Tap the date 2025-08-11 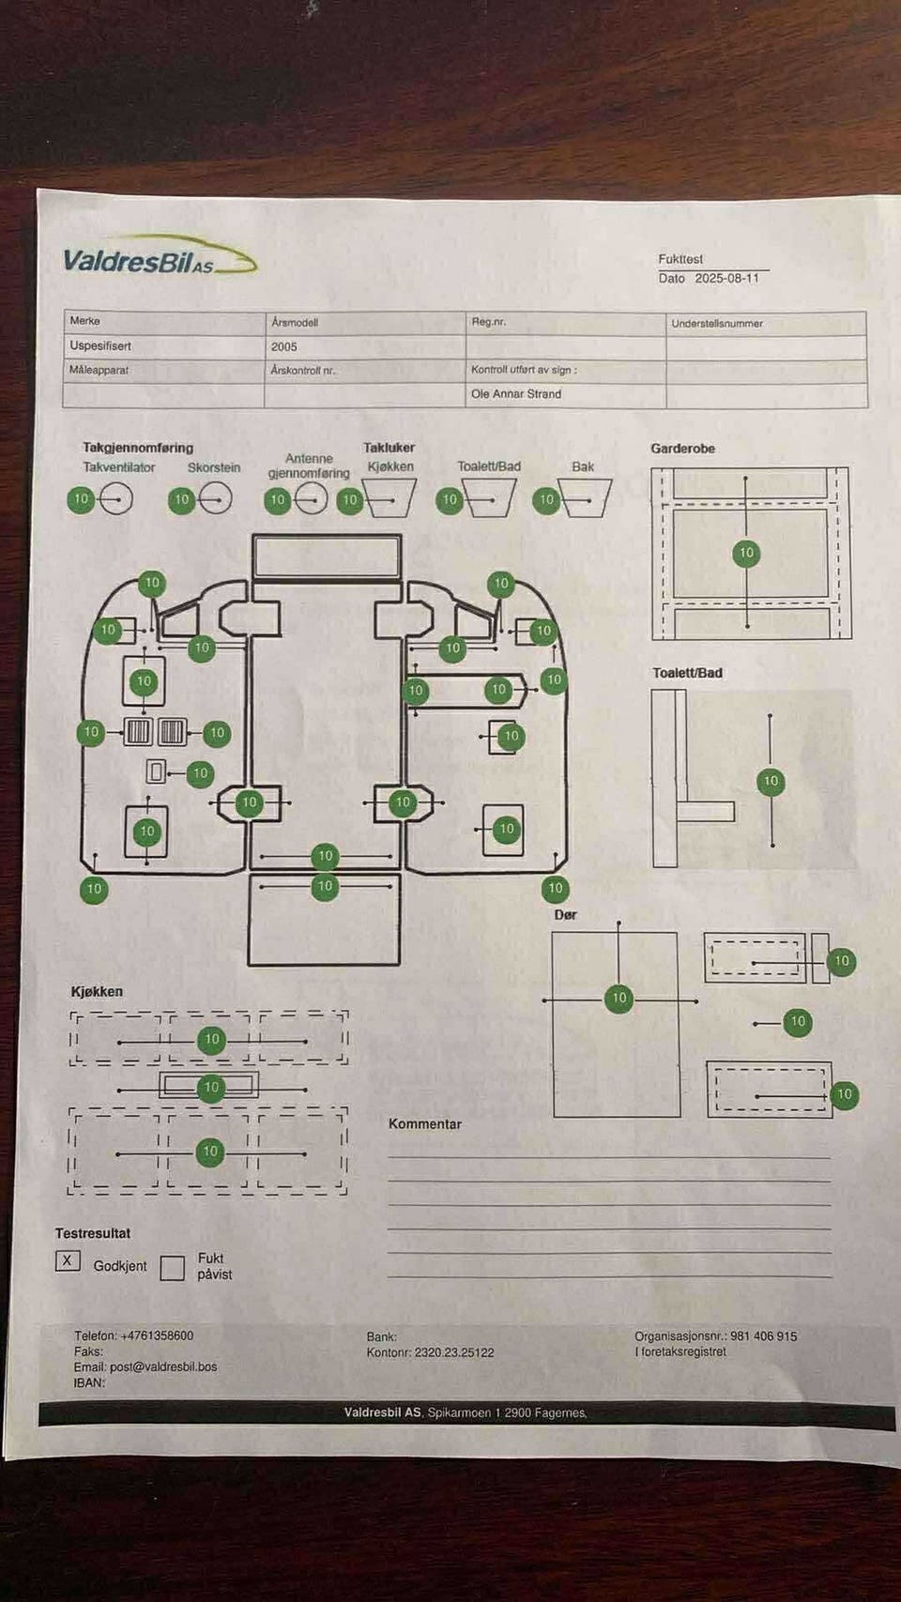pos(726,278)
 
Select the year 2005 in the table pos(283,347)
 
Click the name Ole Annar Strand pos(515,394)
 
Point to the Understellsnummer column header pos(716,323)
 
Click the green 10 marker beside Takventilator pos(81,499)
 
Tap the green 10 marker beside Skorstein pos(182,500)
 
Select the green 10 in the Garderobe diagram pos(746,553)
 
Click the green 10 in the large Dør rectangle pos(619,999)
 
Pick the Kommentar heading pos(425,1124)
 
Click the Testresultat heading pos(93,1234)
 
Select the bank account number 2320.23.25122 pos(454,1352)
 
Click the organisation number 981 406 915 pos(764,1336)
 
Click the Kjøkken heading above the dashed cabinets pos(97,992)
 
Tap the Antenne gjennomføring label pos(309,465)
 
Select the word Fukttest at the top pos(680,259)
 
